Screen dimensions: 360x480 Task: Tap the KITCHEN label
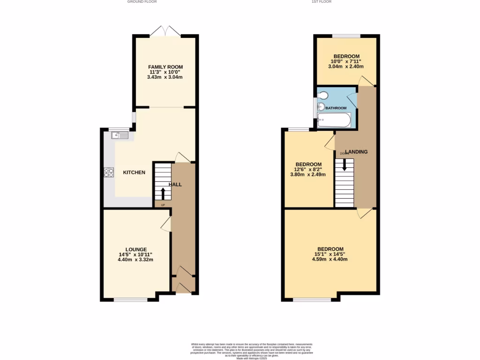pos(134,172)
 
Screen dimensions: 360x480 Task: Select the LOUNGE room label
pos(136,249)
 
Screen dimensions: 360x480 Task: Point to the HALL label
pos(175,185)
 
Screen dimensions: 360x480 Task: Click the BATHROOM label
pos(336,108)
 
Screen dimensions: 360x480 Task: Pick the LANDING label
pos(356,152)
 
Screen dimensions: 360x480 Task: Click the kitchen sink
pos(120,135)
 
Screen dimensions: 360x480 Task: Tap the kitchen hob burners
pos(109,172)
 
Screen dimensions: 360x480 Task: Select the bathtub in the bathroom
pos(334,120)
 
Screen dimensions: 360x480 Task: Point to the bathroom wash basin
pos(321,107)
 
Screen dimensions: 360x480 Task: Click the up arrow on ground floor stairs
pos(163,193)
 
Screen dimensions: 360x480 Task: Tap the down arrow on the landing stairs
pos(345,165)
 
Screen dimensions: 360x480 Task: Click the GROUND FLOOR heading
pos(142,2)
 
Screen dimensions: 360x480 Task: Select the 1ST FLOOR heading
pos(322,2)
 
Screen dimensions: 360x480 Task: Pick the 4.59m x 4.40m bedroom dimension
pos(330,259)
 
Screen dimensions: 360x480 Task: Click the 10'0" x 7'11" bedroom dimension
pos(346,61)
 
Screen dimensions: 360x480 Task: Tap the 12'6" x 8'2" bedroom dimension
pos(308,169)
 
